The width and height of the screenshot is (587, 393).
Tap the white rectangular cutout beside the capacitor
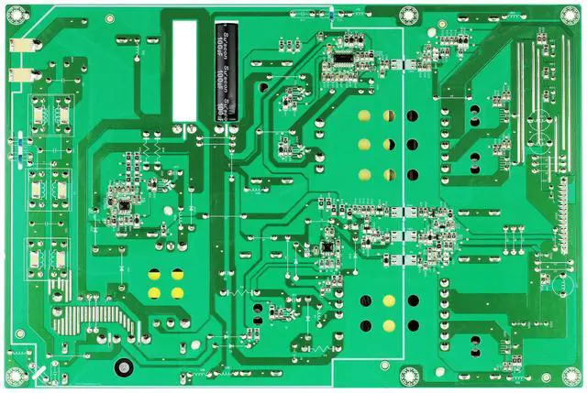[184, 70]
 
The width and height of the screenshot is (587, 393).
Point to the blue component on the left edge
[18, 147]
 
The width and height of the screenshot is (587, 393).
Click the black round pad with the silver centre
[120, 368]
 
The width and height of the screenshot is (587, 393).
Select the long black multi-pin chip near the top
[340, 60]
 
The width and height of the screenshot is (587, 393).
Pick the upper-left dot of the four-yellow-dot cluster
[155, 274]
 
